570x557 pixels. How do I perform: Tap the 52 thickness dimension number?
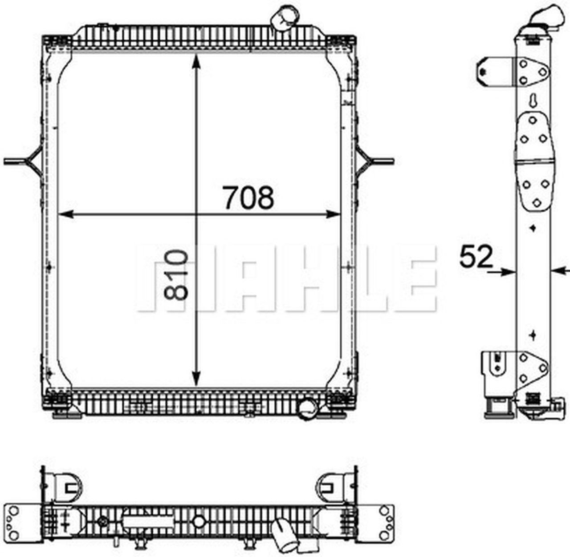[x=476, y=257]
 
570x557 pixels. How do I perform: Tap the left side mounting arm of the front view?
[x=24, y=161]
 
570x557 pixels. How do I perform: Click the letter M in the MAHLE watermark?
[x=167, y=278]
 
